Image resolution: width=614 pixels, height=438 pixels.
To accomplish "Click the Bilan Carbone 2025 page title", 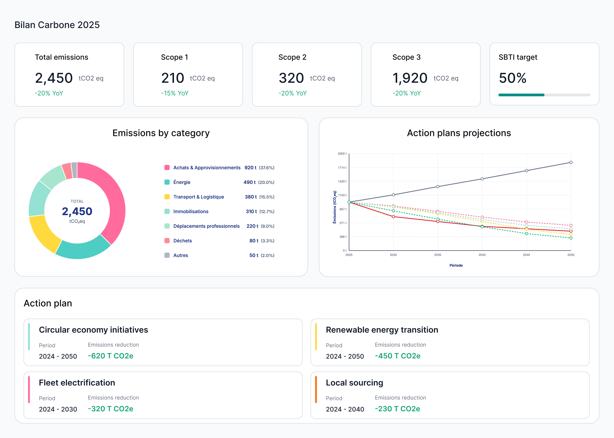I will pyautogui.click(x=57, y=25).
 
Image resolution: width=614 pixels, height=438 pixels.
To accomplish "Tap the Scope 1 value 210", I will pyautogui.click(x=172, y=78).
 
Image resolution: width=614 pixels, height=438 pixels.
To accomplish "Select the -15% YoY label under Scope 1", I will pyautogui.click(x=175, y=93).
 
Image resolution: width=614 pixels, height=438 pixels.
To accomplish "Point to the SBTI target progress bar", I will pyautogui.click(x=544, y=95).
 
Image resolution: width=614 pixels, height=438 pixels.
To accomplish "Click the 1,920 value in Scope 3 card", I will pyautogui.click(x=410, y=78).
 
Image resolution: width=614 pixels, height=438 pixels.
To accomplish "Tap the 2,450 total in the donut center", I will pyautogui.click(x=77, y=211).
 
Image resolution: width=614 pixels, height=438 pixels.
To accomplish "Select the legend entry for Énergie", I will pyautogui.click(x=182, y=182).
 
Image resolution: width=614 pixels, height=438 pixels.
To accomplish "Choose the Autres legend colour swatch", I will pyautogui.click(x=167, y=255).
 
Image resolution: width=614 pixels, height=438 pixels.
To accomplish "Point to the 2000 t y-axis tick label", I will pyautogui.click(x=342, y=154).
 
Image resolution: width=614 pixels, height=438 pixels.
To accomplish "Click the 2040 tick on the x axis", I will pyautogui.click(x=482, y=255).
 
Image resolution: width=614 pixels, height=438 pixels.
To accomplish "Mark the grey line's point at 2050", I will pyautogui.click(x=571, y=162).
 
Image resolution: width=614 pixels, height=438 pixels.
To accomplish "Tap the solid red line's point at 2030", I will pyautogui.click(x=393, y=216).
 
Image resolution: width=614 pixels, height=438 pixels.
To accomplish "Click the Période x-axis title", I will pyautogui.click(x=456, y=265).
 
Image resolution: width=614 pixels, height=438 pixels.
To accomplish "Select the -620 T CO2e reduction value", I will pyautogui.click(x=110, y=356).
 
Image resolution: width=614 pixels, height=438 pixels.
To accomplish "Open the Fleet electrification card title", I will pyautogui.click(x=77, y=383).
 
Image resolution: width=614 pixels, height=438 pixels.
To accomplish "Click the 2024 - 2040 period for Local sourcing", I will pyautogui.click(x=345, y=409).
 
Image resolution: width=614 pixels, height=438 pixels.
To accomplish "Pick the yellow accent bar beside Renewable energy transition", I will pyautogui.click(x=316, y=336).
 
